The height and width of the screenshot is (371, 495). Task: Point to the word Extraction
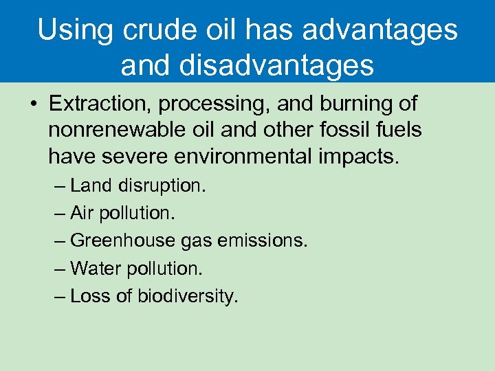[97, 104]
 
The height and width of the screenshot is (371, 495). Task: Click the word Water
[96, 268]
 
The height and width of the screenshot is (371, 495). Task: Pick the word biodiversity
[188, 296]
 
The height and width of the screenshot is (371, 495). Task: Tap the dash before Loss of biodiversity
[59, 296]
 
